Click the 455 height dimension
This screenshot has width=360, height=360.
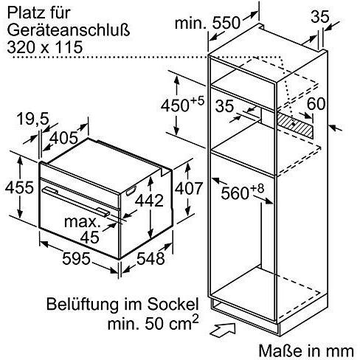coord(19,187)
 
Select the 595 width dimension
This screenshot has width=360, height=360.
coord(76,259)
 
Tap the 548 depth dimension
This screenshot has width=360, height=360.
coord(150,259)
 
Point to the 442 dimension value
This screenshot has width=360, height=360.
coord(149,200)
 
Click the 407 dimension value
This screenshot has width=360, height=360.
coord(189,188)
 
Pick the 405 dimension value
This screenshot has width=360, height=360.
coord(63,138)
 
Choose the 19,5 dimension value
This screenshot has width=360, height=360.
coord(33,120)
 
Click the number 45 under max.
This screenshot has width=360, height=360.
coord(90,238)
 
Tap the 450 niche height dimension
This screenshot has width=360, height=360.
coord(182,104)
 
